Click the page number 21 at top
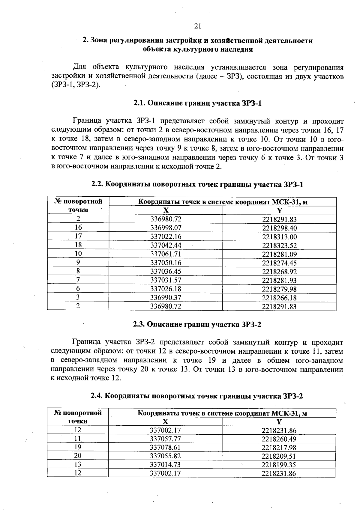click(x=197, y=26)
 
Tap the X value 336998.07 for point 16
click(x=166, y=228)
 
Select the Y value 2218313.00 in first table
click(x=279, y=237)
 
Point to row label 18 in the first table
click(x=78, y=245)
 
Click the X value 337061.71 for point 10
click(x=166, y=254)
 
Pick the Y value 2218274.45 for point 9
click(x=279, y=263)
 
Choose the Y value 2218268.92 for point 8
click(x=279, y=272)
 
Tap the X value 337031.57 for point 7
click(x=166, y=280)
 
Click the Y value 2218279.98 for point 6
click(x=279, y=289)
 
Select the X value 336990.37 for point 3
click(x=166, y=298)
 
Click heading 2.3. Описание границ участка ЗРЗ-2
click(x=197, y=324)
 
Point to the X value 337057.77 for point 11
click(x=165, y=439)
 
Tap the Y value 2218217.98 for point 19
click(x=279, y=448)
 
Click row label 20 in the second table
click(x=78, y=456)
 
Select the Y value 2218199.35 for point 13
click(x=279, y=465)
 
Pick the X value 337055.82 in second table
click(x=165, y=456)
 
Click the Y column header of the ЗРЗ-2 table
click(x=279, y=421)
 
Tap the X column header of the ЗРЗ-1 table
click(x=166, y=210)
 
